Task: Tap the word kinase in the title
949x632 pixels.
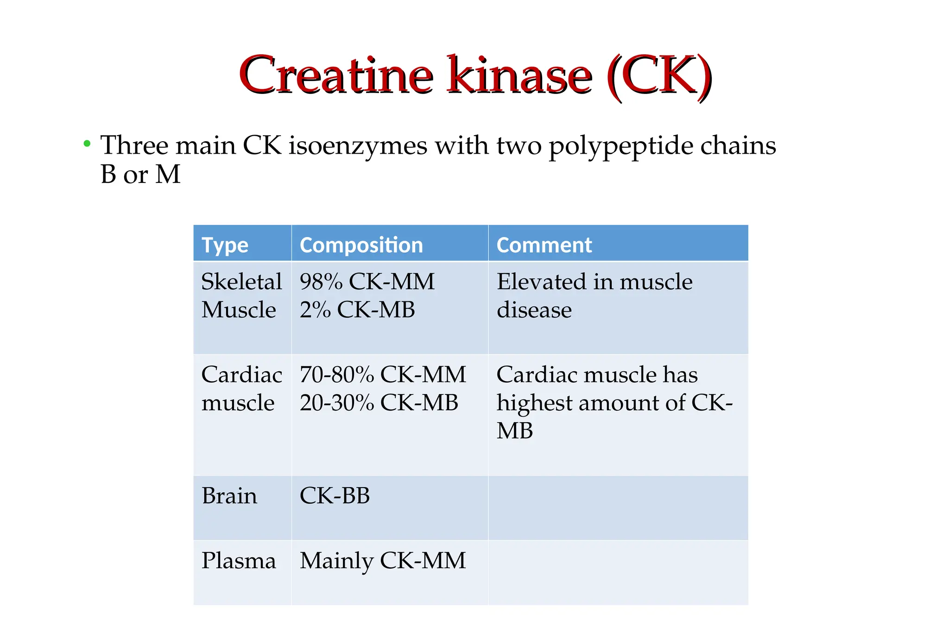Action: click(519, 75)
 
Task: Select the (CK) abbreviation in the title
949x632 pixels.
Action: click(659, 76)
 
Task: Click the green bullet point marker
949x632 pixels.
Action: click(87, 144)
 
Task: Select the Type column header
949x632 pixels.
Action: click(225, 245)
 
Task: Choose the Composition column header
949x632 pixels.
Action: click(361, 245)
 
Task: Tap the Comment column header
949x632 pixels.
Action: click(544, 245)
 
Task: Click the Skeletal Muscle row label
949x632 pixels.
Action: click(241, 295)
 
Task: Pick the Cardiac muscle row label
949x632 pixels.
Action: click(241, 388)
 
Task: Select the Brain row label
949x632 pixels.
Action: click(229, 496)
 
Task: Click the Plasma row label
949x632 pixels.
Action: click(239, 561)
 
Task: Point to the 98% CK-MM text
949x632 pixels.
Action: click(367, 282)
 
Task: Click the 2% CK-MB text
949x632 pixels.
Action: click(357, 310)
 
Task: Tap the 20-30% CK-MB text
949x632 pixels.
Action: click(379, 403)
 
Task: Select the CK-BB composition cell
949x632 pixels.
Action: click(335, 496)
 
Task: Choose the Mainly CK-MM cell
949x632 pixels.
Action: click(382, 561)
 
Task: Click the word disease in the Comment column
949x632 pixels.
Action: click(534, 310)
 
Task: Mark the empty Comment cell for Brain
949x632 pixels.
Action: click(618, 507)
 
